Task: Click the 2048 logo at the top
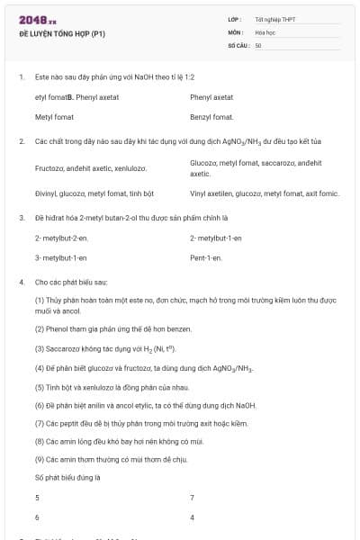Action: click(x=31, y=20)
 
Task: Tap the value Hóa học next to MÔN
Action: click(x=265, y=31)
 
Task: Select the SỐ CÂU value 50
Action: click(x=258, y=45)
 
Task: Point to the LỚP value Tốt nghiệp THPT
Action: click(x=275, y=19)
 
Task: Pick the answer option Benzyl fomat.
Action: click(x=212, y=117)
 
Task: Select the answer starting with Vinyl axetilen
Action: click(x=265, y=193)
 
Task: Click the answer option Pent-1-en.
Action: click(x=206, y=257)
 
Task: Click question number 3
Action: click(x=21, y=218)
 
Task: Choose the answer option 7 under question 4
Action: click(x=193, y=498)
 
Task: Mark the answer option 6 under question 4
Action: click(x=37, y=517)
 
